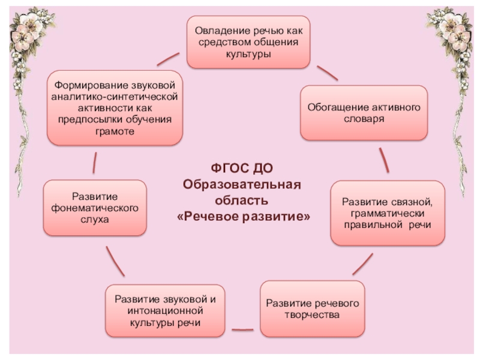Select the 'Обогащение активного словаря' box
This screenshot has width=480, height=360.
click(x=364, y=113)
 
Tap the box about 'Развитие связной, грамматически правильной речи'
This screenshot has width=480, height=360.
click(x=388, y=212)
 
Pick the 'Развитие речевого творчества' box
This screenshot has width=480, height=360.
click(x=312, y=308)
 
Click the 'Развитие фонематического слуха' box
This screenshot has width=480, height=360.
click(x=94, y=207)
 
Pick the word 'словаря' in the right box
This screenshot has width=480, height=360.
click(x=364, y=119)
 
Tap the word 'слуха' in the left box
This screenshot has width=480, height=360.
click(x=94, y=220)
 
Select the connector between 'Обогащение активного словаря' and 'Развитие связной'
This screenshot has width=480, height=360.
click(x=384, y=160)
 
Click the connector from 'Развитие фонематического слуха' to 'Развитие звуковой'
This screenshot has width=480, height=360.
click(x=115, y=261)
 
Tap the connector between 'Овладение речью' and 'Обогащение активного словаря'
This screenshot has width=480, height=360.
click(x=327, y=73)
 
